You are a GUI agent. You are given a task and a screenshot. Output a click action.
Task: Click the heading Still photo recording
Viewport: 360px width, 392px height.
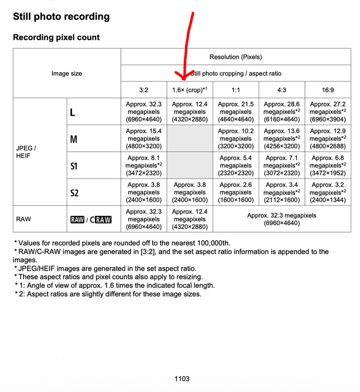61,16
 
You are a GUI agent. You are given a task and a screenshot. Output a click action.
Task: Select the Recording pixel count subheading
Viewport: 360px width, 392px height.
56,38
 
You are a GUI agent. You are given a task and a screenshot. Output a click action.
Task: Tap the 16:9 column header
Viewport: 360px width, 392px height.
328,90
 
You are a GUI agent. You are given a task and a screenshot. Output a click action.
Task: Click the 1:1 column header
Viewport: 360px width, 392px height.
236,90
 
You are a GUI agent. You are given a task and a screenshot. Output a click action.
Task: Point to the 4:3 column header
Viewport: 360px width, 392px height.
282,90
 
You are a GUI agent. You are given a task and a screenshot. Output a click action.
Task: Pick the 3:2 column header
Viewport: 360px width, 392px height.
143,90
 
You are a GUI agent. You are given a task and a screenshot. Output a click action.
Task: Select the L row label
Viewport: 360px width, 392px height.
73,112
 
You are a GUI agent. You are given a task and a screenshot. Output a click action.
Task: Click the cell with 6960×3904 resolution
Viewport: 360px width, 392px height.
328,112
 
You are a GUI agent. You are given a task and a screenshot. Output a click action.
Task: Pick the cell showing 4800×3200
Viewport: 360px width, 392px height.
143,139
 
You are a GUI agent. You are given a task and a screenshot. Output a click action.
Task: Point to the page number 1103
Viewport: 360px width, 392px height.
182,379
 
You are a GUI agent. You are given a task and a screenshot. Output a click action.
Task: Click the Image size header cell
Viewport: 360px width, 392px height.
66,74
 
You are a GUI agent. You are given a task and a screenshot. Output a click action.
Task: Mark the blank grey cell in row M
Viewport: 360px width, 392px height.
190,139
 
